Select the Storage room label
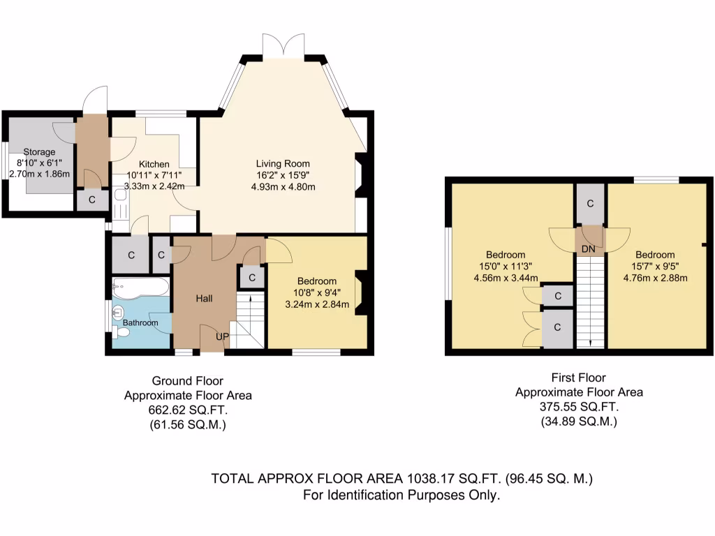[39, 152]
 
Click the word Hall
[204, 299]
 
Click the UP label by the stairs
[222, 336]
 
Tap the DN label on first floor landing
[589, 248]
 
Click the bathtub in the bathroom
[140, 287]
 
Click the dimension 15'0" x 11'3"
[506, 267]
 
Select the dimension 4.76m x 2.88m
[655, 278]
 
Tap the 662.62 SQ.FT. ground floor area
[188, 410]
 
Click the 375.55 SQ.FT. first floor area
[579, 407]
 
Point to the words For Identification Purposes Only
[401, 496]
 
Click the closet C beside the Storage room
[91, 200]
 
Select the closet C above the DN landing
[590, 204]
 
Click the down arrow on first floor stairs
[590, 342]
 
